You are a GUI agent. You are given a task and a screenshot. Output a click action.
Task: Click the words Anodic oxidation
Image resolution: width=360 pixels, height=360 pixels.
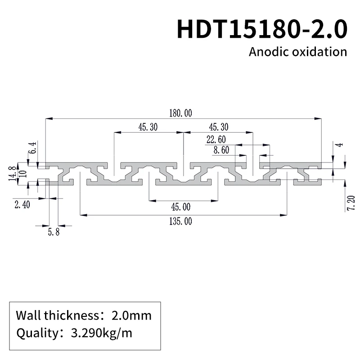point(298,52)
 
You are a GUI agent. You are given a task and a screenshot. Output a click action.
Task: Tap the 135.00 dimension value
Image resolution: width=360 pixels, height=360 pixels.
point(181,221)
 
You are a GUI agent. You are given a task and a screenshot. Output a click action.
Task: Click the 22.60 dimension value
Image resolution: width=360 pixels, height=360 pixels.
point(216,139)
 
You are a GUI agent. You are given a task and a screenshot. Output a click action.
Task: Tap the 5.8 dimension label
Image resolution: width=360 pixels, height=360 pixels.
point(54,233)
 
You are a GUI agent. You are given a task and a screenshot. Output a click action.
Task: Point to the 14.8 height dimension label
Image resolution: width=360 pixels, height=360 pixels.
point(12,173)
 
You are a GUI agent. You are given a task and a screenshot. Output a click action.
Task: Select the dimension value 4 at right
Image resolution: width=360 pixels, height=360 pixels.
point(341,144)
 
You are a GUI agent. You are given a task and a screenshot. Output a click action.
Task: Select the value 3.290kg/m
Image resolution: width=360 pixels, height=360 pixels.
point(102,333)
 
